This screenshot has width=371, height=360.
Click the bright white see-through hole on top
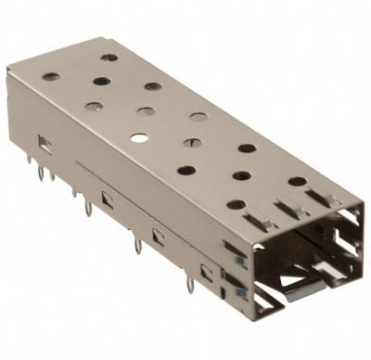pyautogui.click(x=138, y=138)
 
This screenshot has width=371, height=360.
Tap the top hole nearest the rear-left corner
pyautogui.click(x=51, y=76)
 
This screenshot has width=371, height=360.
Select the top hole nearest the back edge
pyautogui.click(x=109, y=58)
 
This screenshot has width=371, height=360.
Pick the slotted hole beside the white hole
pyautogui.click(x=192, y=143)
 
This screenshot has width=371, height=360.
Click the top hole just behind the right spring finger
pyautogui.click(x=297, y=181)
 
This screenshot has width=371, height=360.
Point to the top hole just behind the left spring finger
pyautogui.click(x=236, y=204)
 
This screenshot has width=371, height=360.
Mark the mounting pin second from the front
pyautogui.click(x=138, y=246)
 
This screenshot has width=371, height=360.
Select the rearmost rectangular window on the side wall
pyautogui.click(x=43, y=141)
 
